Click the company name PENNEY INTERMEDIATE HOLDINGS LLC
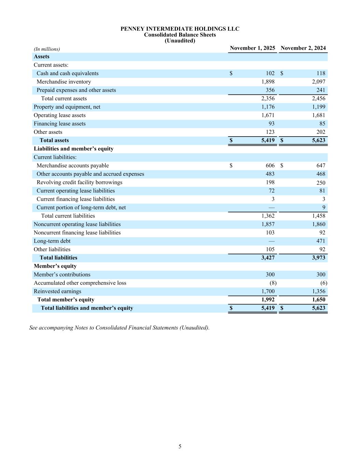(x=180, y=29)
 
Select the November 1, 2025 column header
(x=252, y=48)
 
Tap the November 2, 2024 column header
(x=303, y=48)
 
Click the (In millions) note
(x=47, y=49)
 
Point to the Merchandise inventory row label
(x=64, y=82)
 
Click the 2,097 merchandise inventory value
(x=318, y=82)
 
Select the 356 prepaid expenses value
(x=270, y=90)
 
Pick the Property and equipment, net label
(x=67, y=107)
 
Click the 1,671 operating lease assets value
(x=268, y=115)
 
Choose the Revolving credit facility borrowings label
(x=80, y=182)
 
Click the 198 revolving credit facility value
(x=270, y=182)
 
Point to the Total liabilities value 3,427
(x=268, y=258)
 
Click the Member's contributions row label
(x=62, y=274)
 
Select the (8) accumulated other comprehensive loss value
(x=273, y=283)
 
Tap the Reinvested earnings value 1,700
(x=268, y=292)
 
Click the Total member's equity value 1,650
(x=318, y=300)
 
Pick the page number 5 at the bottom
(x=180, y=446)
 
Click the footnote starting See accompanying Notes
(x=119, y=328)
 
